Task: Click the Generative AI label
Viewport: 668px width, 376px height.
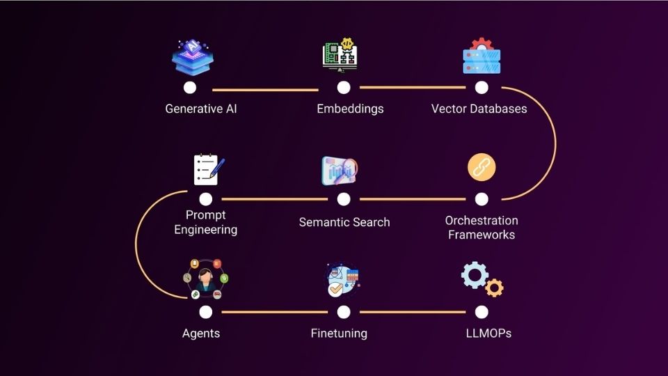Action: click(x=201, y=109)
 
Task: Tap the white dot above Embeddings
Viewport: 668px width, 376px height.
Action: click(x=344, y=88)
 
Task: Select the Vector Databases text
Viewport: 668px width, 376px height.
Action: click(x=479, y=109)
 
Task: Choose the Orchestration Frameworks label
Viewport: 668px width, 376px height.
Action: click(x=482, y=228)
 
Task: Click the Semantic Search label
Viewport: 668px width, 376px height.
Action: click(x=344, y=222)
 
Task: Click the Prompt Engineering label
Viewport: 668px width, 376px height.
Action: click(x=205, y=222)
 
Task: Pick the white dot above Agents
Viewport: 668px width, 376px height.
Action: click(x=205, y=311)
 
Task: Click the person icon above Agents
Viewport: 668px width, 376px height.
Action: click(x=205, y=280)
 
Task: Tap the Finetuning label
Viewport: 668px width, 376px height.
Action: click(x=339, y=333)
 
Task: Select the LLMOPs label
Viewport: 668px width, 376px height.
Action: click(x=488, y=333)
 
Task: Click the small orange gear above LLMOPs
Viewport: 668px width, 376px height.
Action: click(x=495, y=288)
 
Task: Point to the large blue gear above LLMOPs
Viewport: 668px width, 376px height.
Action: click(x=475, y=274)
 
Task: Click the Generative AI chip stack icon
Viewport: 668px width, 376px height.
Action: click(x=191, y=58)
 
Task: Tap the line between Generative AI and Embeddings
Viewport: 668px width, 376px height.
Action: click(x=265, y=90)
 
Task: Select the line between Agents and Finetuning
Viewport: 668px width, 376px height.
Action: click(x=274, y=312)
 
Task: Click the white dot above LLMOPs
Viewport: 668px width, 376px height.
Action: click(x=482, y=311)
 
